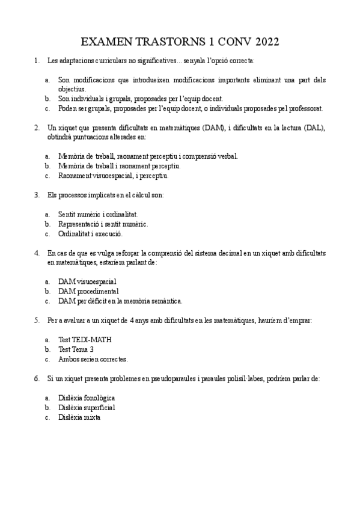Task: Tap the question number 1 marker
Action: (x=37, y=60)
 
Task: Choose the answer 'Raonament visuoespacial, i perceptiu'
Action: (x=113, y=176)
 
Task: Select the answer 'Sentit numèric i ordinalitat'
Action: (x=98, y=214)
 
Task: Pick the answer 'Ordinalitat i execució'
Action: (x=90, y=233)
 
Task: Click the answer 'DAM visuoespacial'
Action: (x=87, y=281)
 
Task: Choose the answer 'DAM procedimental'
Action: (x=88, y=291)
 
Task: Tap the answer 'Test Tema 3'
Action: (x=76, y=349)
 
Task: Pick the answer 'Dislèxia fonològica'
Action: (x=87, y=398)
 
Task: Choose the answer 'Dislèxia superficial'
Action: (x=87, y=407)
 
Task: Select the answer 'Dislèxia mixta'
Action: (x=79, y=417)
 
